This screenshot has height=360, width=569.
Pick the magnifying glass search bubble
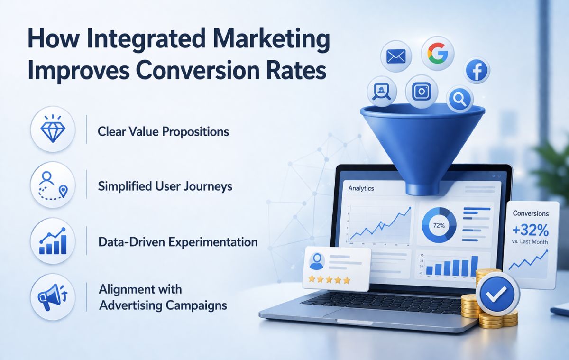click(459, 99)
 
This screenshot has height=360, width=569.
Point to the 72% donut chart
click(439, 225)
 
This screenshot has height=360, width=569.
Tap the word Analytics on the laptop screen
click(361, 188)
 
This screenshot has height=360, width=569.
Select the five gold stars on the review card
click(329, 280)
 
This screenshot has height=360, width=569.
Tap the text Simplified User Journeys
click(165, 186)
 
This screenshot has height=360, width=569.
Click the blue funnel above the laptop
click(422, 138)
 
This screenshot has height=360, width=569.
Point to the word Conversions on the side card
click(531, 214)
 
